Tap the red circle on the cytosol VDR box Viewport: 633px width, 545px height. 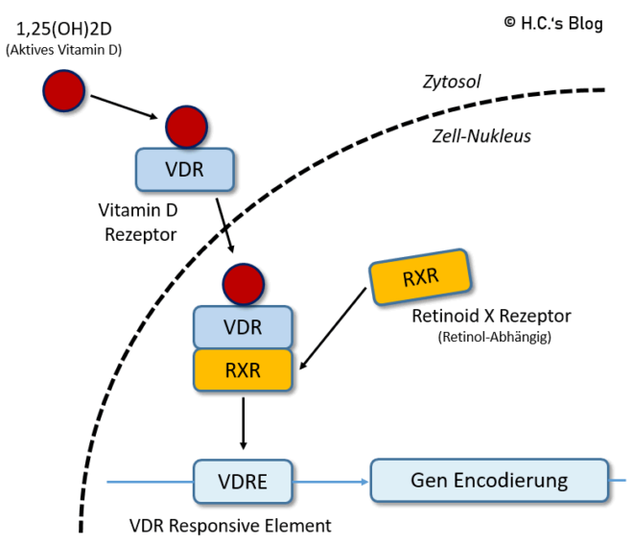coord(186,127)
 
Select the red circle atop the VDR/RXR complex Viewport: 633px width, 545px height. coord(242,284)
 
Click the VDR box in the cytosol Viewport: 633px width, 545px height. coord(185,169)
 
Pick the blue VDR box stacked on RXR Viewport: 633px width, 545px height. coord(242,326)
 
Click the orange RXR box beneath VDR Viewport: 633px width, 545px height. coord(242,369)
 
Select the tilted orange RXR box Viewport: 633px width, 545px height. coord(420,278)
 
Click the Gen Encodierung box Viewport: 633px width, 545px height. coord(489,480)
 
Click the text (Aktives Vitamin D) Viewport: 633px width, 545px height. coord(63,49)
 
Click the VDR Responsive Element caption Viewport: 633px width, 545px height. coord(229,526)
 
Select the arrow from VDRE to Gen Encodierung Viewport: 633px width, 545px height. coord(331,481)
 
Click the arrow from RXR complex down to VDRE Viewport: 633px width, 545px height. coord(243,422)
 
